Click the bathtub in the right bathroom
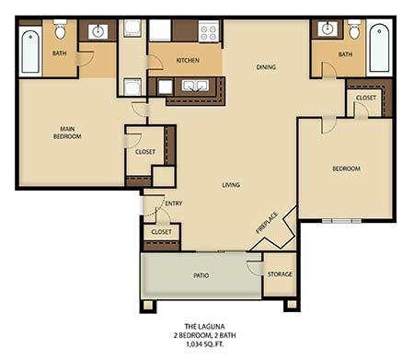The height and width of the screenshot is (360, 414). coord(377,47)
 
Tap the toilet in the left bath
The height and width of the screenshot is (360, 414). coord(60,33)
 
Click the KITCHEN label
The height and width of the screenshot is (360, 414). coord(188,61)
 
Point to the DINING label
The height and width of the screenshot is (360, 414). coord(267,66)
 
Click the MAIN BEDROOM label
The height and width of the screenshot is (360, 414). coord(67,133)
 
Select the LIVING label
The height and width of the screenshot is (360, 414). coord(231,185)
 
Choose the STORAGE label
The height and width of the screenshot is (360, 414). coord(280,274)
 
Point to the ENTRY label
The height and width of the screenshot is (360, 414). coord(173,203)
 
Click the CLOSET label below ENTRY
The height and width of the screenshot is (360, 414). coord(161,233)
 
